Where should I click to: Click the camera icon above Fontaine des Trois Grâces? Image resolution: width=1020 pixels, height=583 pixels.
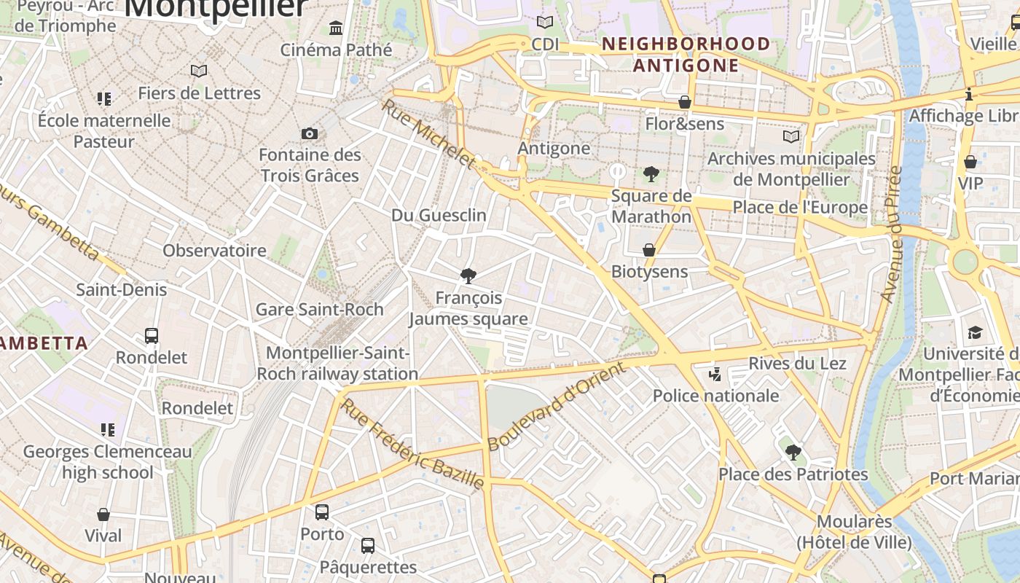click(310, 133)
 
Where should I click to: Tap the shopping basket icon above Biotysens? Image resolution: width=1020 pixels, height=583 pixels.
click(649, 250)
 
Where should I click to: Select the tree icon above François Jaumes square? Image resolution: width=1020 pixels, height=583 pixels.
click(468, 275)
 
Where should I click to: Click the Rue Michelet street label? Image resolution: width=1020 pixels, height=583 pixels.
click(428, 133)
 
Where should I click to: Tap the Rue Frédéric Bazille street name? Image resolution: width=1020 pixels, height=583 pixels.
click(412, 445)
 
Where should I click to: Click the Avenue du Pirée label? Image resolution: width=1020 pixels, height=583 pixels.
click(891, 235)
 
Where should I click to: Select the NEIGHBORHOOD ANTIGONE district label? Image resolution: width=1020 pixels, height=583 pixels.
click(686, 55)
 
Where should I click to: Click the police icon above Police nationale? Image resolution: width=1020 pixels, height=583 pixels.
click(715, 375)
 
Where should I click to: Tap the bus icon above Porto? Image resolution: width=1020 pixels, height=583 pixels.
click(322, 512)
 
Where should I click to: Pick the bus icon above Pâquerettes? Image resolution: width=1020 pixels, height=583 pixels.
click(368, 545)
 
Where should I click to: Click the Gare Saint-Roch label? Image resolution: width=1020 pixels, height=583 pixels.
click(319, 309)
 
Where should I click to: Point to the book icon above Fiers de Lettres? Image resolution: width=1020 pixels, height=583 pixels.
click(199, 71)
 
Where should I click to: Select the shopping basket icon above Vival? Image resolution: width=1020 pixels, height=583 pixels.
click(103, 514)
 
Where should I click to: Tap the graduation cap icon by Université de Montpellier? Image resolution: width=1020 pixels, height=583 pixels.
click(975, 333)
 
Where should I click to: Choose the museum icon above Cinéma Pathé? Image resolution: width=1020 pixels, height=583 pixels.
click(336, 28)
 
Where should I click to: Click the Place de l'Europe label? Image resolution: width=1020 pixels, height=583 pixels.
click(800, 208)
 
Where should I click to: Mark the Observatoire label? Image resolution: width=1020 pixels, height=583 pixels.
click(214, 251)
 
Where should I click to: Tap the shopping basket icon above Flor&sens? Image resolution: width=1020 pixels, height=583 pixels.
click(685, 102)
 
